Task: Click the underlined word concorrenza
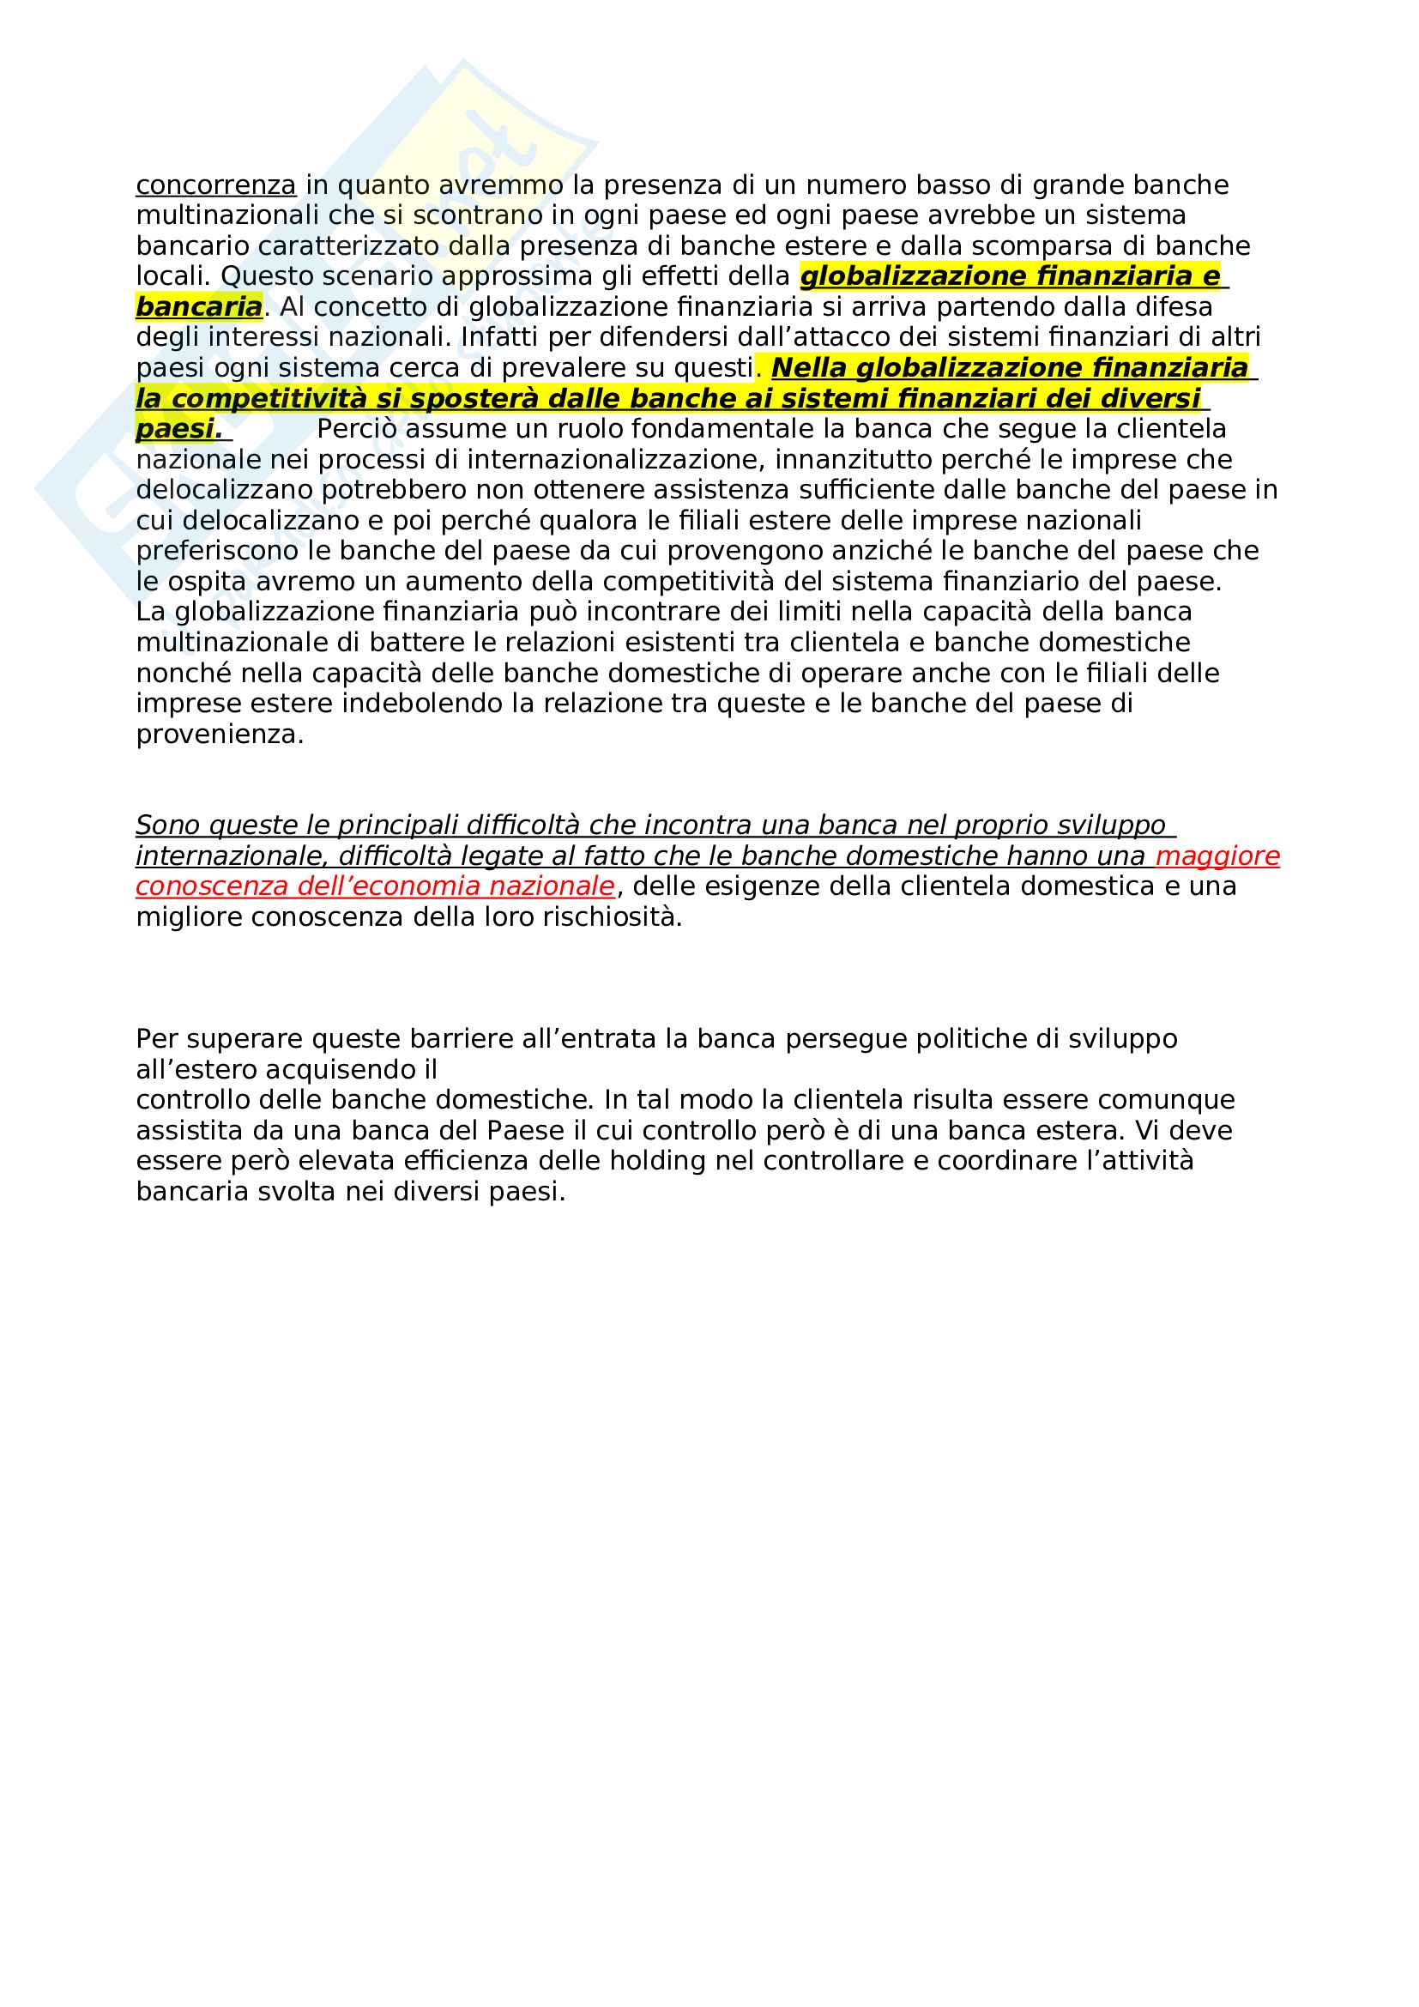pos(216,185)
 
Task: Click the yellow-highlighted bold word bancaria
pos(198,307)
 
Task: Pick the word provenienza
pos(220,734)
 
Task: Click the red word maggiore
pos(1217,855)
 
